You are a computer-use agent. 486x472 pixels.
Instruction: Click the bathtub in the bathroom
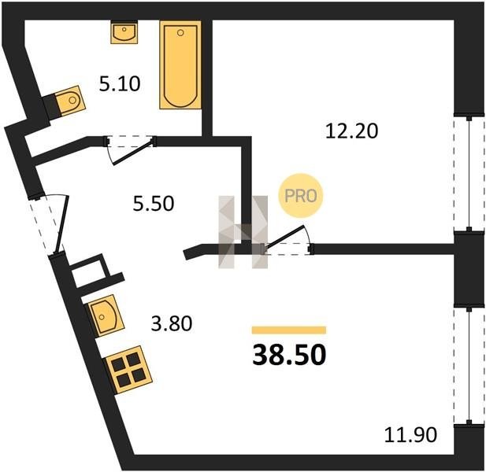coord(180,65)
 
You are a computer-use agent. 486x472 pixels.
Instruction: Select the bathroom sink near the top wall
coord(124,32)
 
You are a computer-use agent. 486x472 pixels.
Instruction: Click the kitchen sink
coord(106,315)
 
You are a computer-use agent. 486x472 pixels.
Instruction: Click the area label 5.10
coord(120,84)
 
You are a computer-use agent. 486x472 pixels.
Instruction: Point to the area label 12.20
coord(352,131)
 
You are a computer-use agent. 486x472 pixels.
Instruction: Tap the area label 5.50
coord(154,204)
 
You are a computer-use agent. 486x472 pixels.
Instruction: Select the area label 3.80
coord(172,324)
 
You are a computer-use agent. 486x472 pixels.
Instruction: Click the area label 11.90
coord(410,434)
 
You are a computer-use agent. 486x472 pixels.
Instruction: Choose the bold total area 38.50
coord(289,355)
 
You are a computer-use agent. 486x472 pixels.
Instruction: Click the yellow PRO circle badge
coord(301,196)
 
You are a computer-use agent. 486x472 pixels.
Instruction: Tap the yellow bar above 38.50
coord(289,330)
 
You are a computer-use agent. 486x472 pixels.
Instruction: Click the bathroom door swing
coord(130,149)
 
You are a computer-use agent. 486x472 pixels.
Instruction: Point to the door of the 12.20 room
coord(288,241)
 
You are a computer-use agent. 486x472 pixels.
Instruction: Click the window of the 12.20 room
coord(469,174)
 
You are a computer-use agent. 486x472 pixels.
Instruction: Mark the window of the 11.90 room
coord(469,366)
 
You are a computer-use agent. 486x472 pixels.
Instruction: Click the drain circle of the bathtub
coord(180,32)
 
